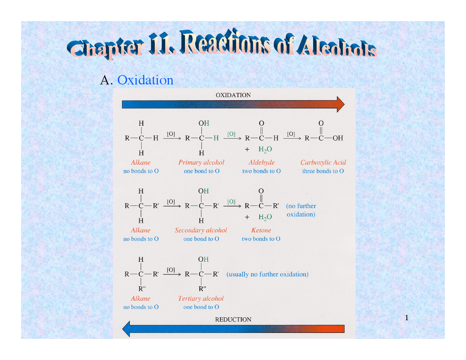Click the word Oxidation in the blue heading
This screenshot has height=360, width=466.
point(145,80)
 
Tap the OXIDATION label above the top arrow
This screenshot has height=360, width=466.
point(233,95)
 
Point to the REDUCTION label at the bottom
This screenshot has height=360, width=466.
point(233,320)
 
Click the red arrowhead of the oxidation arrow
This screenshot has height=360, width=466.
point(340,104)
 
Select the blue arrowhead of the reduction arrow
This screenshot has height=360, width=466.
point(126,329)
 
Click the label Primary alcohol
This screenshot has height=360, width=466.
point(201,162)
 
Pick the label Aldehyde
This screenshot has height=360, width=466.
point(261,162)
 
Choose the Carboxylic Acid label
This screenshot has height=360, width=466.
point(323,162)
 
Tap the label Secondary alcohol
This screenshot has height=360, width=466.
point(201,230)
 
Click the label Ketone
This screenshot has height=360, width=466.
point(261,230)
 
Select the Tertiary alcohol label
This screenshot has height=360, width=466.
point(201,298)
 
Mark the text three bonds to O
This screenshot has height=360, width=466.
point(323,171)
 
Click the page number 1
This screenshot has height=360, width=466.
point(407,318)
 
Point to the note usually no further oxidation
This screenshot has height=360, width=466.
point(267,274)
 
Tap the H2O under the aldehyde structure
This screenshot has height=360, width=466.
point(265,149)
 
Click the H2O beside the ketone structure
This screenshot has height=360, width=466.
point(265,217)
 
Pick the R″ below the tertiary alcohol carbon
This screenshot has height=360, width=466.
point(202,289)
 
